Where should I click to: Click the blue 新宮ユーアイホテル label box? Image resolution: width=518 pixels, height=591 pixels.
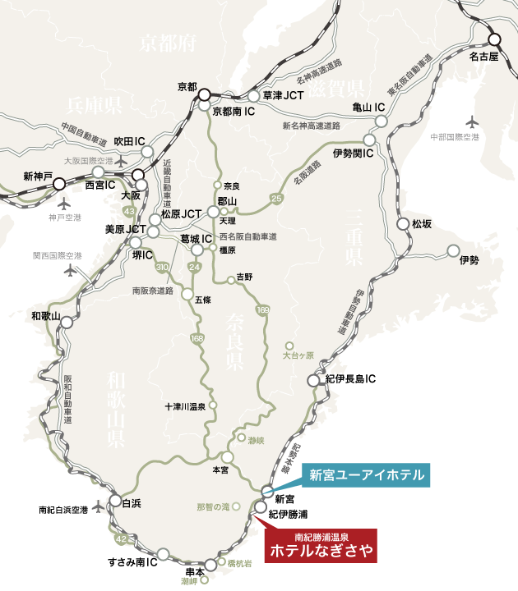[366, 474]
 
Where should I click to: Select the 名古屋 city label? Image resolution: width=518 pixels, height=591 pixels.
[483, 57]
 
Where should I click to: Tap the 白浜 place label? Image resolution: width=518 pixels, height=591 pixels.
[131, 503]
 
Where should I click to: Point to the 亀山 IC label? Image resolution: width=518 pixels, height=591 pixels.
[368, 107]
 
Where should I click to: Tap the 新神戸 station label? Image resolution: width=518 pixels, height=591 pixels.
[38, 176]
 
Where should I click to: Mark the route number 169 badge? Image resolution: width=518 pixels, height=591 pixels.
[262, 309]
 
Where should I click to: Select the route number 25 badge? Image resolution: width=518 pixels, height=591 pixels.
[275, 199]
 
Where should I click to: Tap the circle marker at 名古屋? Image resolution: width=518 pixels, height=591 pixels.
[494, 39]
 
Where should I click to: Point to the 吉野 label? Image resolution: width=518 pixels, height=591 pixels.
[244, 277]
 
